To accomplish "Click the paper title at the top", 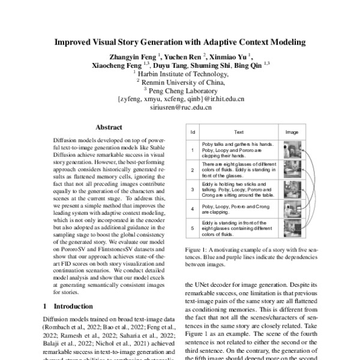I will tap(180, 43).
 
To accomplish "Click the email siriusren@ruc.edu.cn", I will tap(180, 108).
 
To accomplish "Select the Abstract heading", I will tap(109, 127).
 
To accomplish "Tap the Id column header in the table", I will tap(193, 131).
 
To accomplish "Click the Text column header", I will tap(238, 131).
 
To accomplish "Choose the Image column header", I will tap(292, 131).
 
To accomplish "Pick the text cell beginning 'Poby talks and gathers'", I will tap(238, 149).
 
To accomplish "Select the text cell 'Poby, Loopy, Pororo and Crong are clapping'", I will tap(238, 209).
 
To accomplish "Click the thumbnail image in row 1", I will tap(292, 149).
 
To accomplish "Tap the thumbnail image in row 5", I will tap(292, 228).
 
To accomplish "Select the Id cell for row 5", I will tap(193, 228).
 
